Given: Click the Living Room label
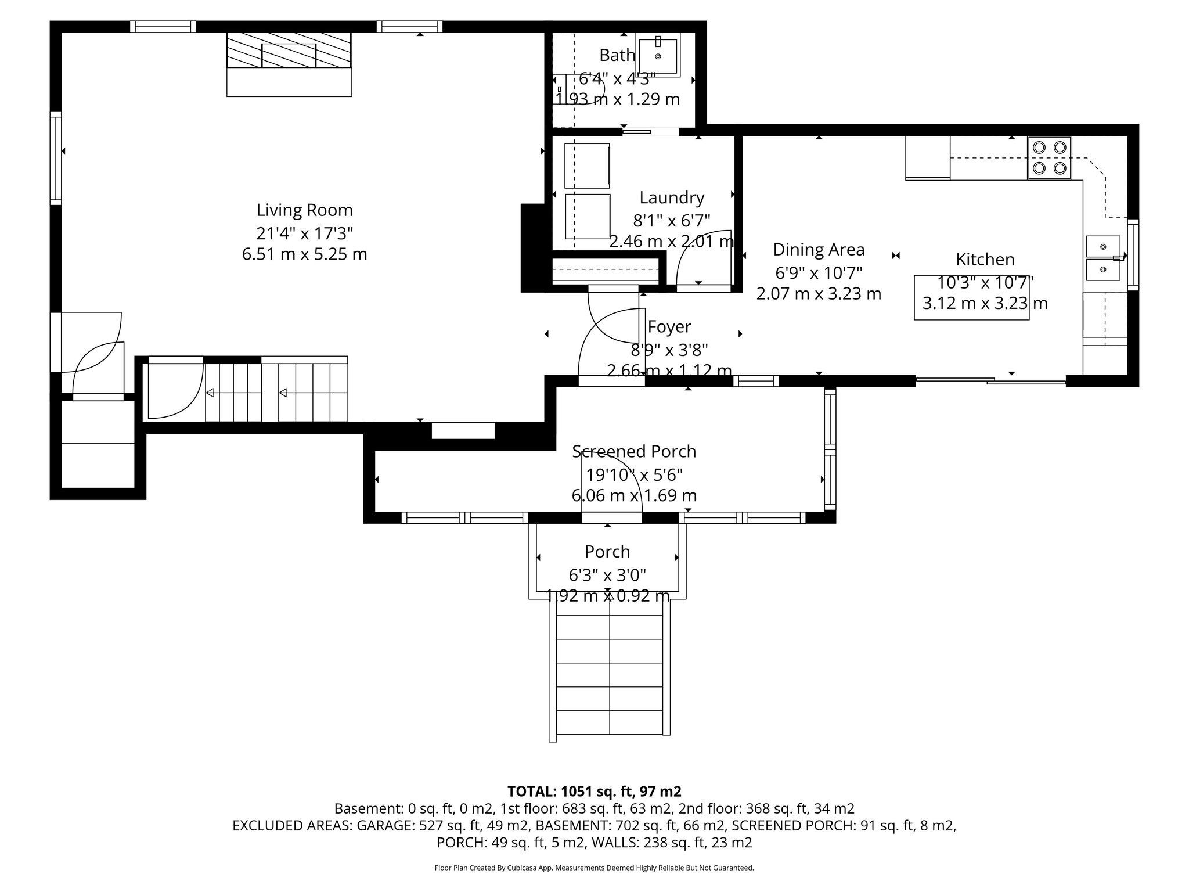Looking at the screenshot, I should coord(304,210).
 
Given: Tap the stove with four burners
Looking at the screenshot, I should coord(1049,158).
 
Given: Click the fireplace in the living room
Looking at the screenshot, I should coord(289,56).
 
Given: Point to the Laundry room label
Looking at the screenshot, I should coord(672,197).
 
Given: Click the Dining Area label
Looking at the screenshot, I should coord(819,250).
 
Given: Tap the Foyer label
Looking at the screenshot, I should coord(669,326).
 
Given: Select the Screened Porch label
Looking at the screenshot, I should coord(634,451).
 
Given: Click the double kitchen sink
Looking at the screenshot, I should coord(1103,258).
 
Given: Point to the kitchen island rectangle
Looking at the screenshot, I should coord(971,297).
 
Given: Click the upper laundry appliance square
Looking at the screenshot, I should coord(587,166).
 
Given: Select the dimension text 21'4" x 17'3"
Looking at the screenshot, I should coord(304,233).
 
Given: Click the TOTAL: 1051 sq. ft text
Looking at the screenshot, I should coord(594,792).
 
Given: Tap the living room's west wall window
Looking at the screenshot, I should coord(56,158).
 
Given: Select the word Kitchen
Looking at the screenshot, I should coord(985,259).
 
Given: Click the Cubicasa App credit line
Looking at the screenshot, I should coord(594,868).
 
